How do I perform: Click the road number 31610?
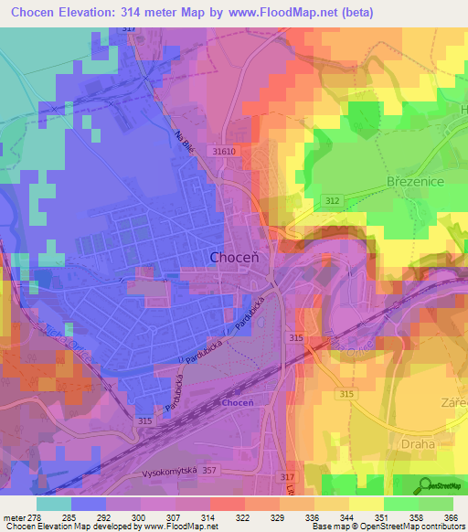[221, 152]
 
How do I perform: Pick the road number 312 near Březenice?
[333, 200]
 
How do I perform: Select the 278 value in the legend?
[33, 516]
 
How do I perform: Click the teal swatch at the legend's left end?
[54, 504]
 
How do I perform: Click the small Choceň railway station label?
[237, 403]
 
